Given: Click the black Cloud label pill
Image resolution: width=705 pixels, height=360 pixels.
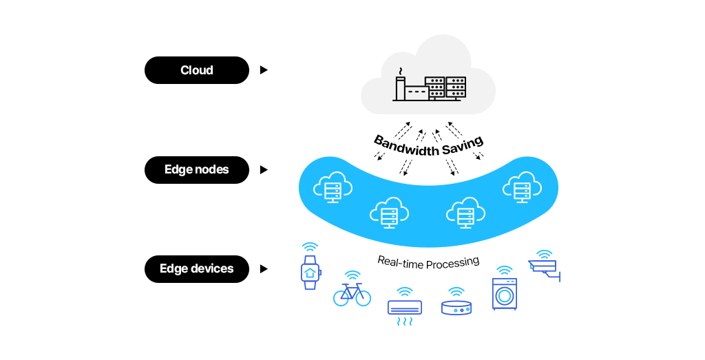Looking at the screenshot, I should point(197,70).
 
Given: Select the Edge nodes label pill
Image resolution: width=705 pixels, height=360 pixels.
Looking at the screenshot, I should point(197,170).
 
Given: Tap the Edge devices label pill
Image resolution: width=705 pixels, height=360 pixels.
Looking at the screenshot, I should point(197,269).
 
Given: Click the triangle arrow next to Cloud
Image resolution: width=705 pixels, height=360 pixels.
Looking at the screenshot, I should point(264,70).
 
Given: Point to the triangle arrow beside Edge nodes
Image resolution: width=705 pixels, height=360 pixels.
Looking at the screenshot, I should point(264,170).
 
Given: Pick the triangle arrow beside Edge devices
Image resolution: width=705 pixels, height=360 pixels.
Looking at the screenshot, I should point(264,269).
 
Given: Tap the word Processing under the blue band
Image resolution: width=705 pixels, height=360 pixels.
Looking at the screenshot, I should point(452,263).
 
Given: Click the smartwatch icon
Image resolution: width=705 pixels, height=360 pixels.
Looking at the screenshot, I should point(311,273).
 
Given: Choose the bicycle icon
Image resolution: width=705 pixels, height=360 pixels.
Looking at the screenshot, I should point(352,295).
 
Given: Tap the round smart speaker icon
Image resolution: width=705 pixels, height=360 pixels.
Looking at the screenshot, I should point(456,308).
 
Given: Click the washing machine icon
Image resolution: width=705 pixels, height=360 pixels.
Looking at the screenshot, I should point(505,294).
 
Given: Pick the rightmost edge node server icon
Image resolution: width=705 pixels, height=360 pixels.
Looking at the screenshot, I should point(523,187).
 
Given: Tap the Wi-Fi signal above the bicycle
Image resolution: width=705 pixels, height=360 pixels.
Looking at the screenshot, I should point(352,275).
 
